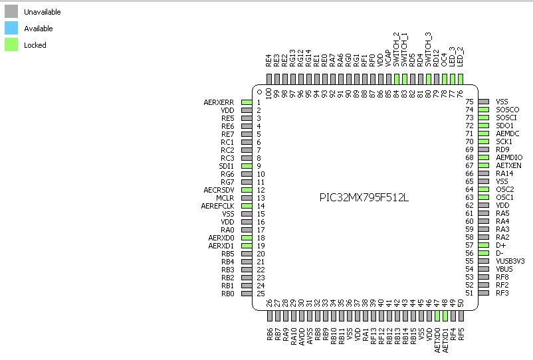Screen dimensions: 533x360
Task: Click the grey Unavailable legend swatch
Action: (11, 11)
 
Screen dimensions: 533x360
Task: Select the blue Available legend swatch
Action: (11, 28)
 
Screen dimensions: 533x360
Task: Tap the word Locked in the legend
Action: (35, 45)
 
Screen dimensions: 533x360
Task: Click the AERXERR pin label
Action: (219, 102)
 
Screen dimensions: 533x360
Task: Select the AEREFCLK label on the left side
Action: (217, 206)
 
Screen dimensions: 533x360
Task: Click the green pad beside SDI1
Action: (246, 166)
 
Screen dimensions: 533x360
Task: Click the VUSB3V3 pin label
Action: (510, 261)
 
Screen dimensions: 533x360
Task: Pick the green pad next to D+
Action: (483, 245)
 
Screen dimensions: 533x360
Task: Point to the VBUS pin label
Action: (504, 269)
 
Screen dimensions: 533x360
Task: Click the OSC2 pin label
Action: (504, 189)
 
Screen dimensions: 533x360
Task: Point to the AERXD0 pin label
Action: (221, 238)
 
